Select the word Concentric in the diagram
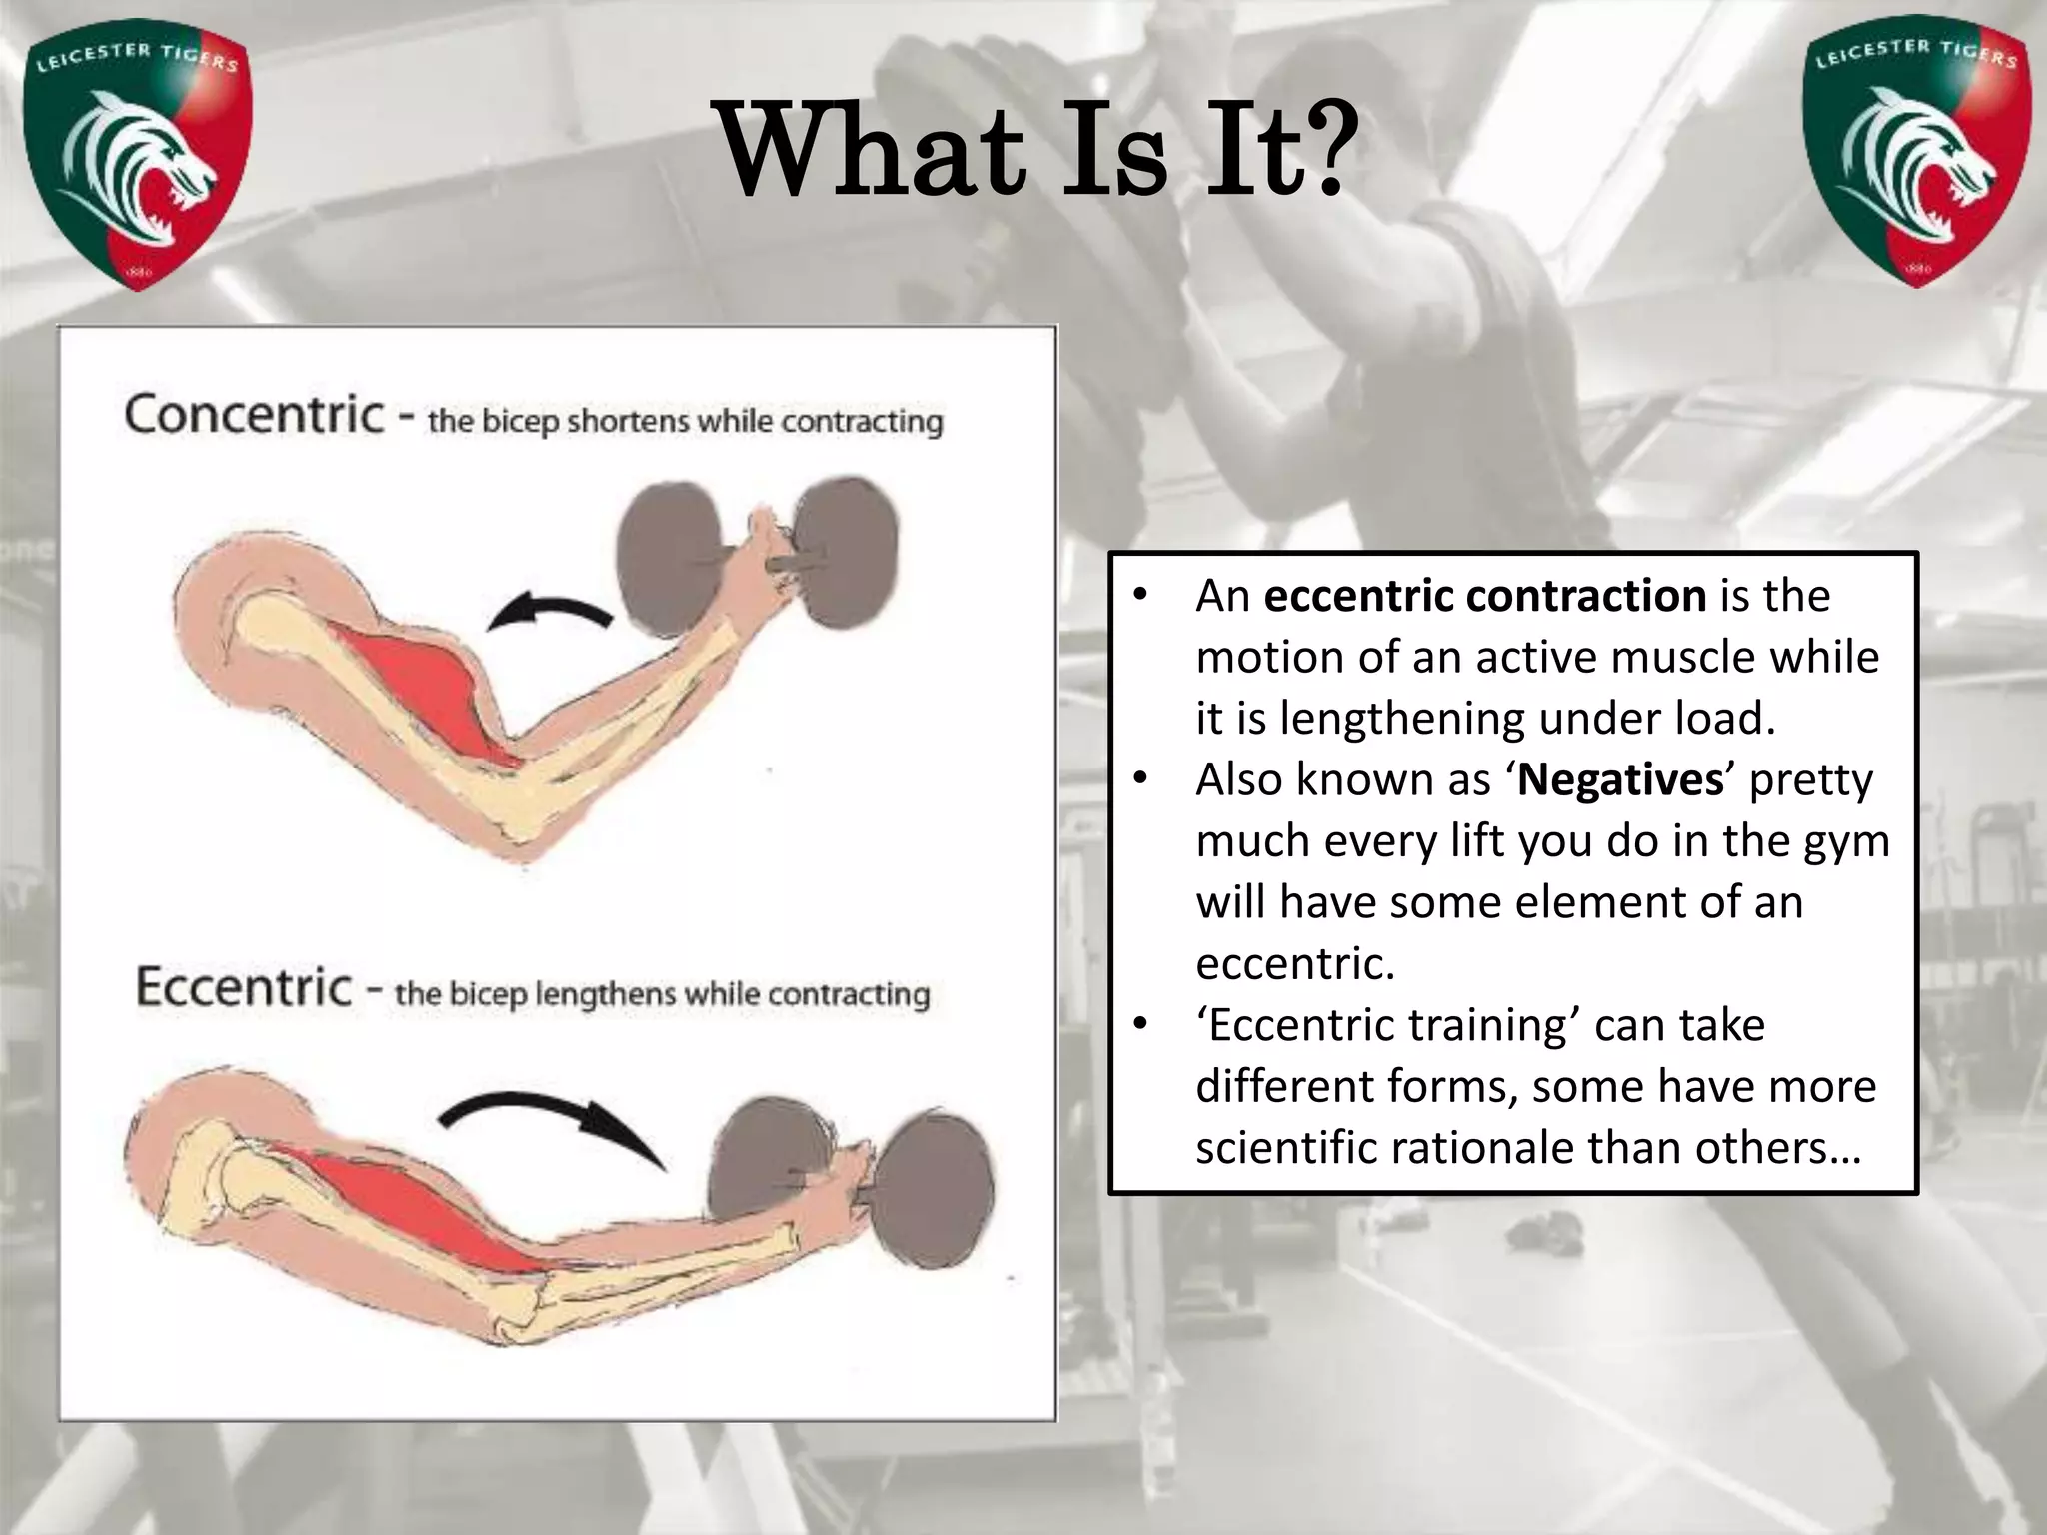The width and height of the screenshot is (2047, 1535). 254,414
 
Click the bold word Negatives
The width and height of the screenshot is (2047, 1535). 1620,779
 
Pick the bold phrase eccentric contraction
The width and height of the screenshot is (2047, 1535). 1484,596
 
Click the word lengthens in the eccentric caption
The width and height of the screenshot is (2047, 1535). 600,995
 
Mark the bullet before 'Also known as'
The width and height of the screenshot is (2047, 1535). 1140,779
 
